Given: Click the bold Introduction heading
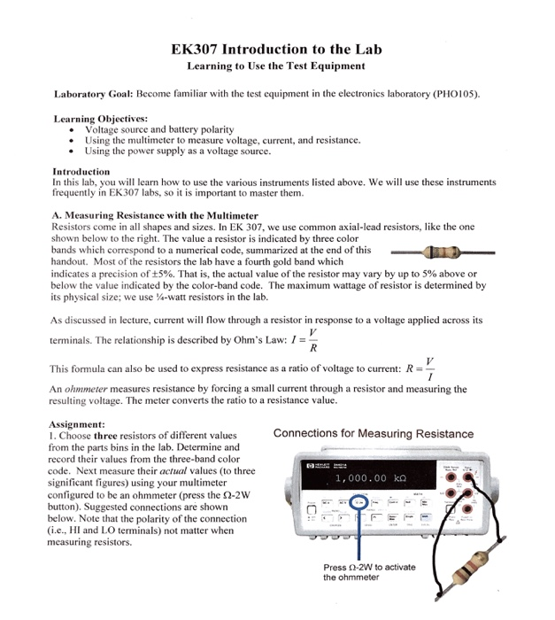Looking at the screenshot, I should coord(81,171).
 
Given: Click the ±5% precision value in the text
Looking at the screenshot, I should coord(173,275).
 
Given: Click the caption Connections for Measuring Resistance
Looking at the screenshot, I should coord(374,434).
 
